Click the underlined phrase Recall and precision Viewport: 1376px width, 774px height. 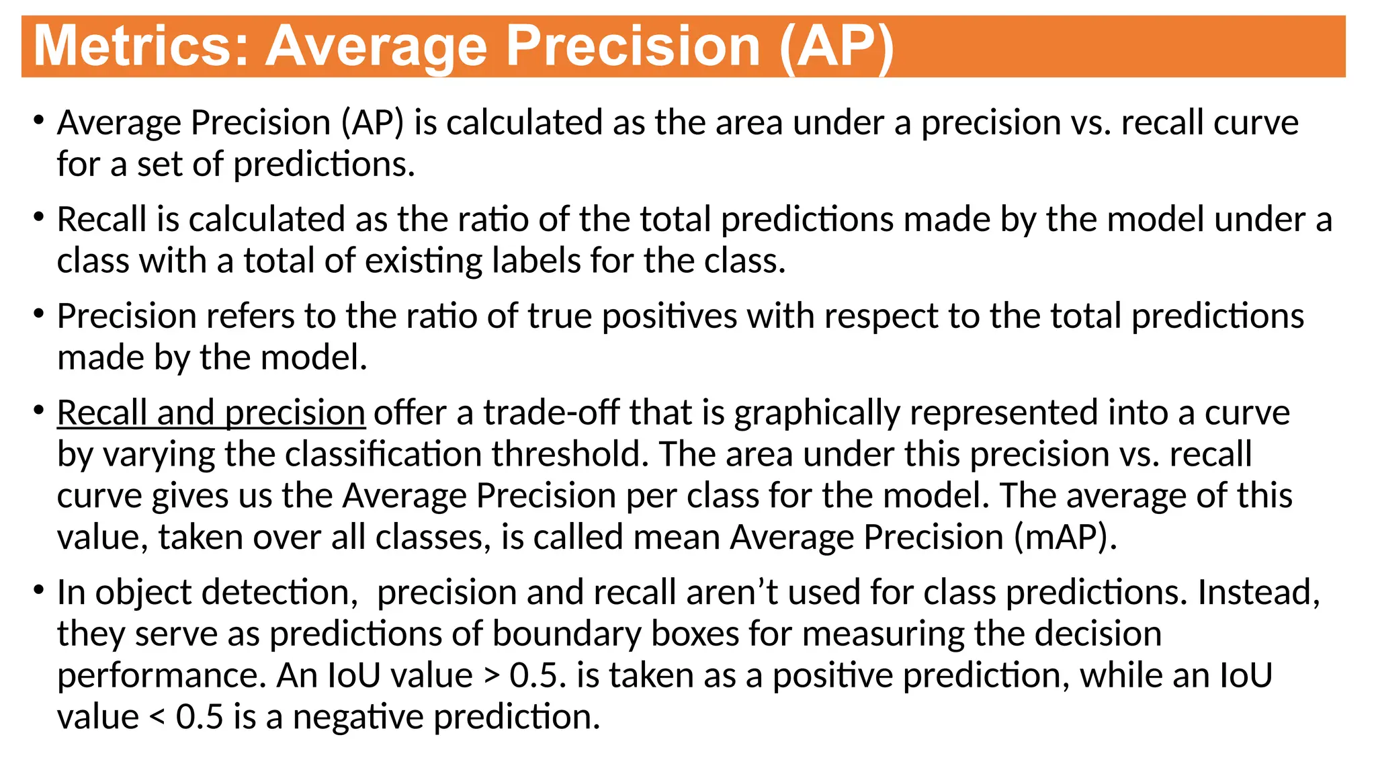click(x=211, y=412)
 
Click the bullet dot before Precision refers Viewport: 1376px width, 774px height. click(x=39, y=314)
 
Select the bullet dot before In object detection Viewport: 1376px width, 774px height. click(x=39, y=591)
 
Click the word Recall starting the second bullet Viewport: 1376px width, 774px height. click(x=101, y=219)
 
